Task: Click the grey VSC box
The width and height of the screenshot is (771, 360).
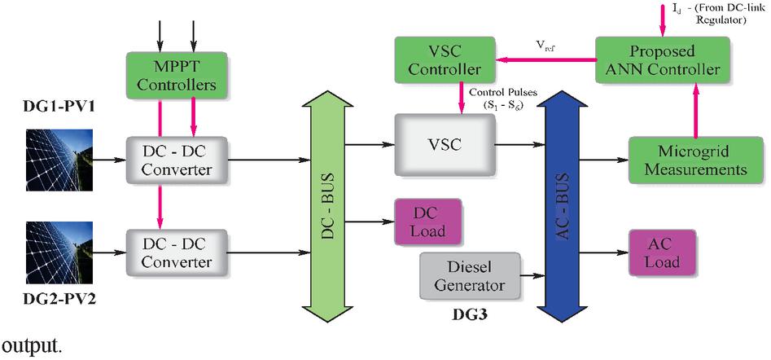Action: pos(445,145)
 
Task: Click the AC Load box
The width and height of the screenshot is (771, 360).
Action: pos(661,252)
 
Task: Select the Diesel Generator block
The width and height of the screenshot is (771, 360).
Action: pos(469,275)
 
